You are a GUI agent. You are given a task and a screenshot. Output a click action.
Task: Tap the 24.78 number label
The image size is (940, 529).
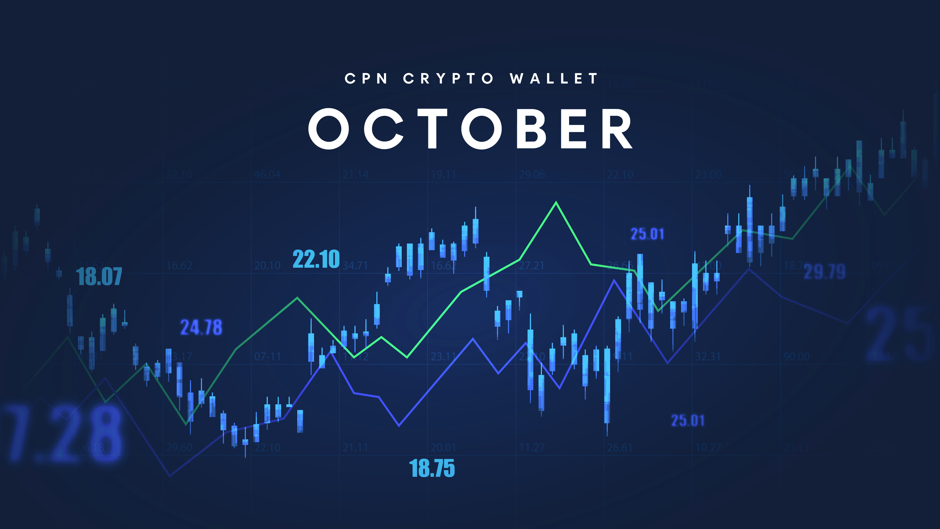tap(201, 327)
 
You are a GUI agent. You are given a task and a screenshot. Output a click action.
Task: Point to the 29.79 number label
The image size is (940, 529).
tap(825, 272)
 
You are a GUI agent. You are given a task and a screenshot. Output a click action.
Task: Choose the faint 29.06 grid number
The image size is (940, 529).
tap(532, 175)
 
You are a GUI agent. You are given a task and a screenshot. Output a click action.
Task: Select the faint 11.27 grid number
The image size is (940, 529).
tap(532, 447)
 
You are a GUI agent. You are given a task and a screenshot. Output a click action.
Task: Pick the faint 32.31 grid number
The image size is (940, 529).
tap(708, 356)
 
